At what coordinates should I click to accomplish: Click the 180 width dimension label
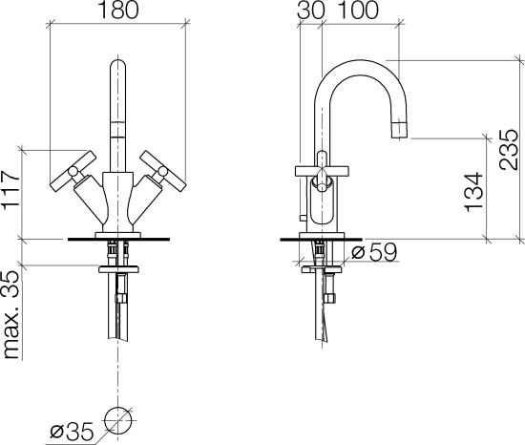point(118,11)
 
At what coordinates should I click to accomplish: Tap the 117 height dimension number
point(10,191)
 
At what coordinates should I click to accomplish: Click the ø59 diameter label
point(374,251)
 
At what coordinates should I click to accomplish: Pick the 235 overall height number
point(508,149)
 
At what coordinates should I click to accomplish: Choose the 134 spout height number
point(474,192)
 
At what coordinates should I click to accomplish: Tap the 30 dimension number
point(311,11)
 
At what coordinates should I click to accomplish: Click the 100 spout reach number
point(359,11)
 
